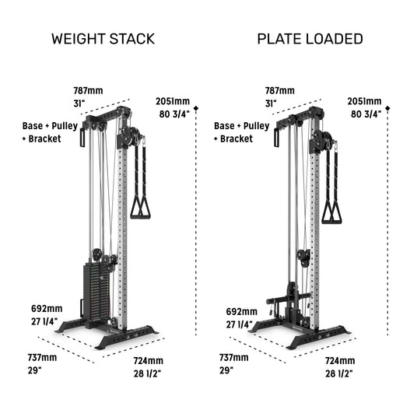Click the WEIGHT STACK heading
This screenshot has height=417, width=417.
tap(103, 39)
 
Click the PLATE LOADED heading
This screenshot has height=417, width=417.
tap(310, 39)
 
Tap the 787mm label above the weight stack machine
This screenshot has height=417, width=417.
tap(88, 91)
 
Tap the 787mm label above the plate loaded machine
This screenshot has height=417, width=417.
tap(280, 91)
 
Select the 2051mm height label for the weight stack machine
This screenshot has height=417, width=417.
tap(173, 101)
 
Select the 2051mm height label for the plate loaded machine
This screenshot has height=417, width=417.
tap(364, 101)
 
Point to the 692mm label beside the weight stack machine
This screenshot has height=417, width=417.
tap(47, 309)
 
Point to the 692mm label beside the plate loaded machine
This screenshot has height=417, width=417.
tap(242, 311)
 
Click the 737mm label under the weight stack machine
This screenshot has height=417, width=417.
tap(42, 357)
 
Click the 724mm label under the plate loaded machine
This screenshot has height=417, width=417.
tap(340, 361)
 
